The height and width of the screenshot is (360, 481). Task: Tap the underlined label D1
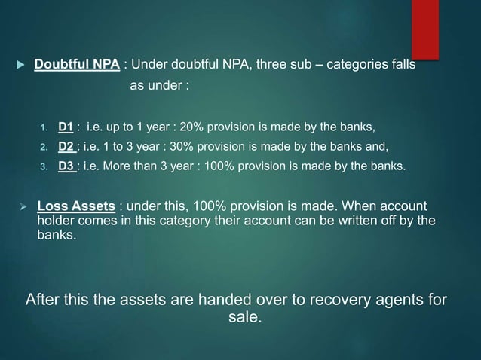click(x=66, y=126)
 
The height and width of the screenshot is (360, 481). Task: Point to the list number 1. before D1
click(x=44, y=127)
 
